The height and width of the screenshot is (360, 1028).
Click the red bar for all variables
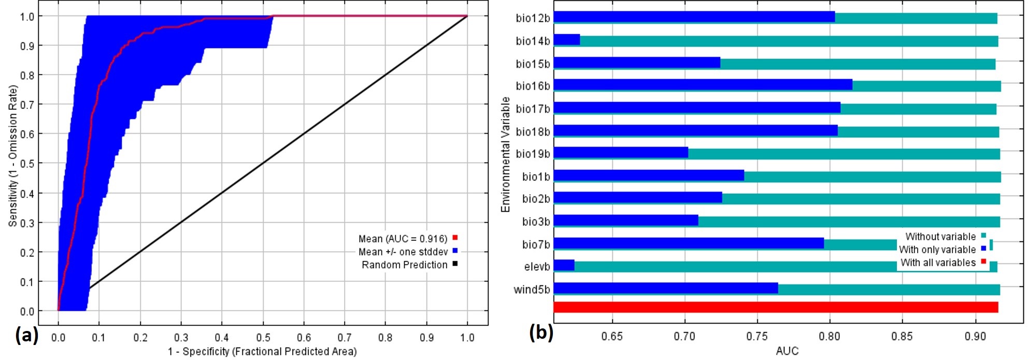click(x=775, y=307)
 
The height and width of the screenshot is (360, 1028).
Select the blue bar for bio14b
click(x=567, y=40)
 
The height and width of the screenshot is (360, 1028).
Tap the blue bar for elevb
click(x=564, y=266)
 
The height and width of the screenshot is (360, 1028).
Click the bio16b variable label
click(x=533, y=86)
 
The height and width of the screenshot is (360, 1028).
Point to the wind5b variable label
click(x=532, y=290)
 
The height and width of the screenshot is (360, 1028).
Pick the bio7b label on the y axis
click(x=536, y=244)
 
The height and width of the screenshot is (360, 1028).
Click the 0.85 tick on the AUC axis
click(x=902, y=336)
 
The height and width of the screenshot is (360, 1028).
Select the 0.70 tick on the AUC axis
click(x=684, y=336)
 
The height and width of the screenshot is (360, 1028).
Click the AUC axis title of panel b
click(x=787, y=351)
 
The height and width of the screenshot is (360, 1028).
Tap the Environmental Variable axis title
click(x=506, y=154)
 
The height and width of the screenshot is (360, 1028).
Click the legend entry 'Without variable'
click(x=940, y=237)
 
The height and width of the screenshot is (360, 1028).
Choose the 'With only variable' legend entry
click(x=937, y=250)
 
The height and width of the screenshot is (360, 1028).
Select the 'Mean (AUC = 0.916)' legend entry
click(x=403, y=239)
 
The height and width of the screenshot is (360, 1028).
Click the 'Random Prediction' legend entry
click(x=404, y=265)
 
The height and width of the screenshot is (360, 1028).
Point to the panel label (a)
click(x=26, y=336)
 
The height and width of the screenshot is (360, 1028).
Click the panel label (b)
click(x=541, y=332)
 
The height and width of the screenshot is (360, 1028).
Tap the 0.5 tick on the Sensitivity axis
click(x=27, y=164)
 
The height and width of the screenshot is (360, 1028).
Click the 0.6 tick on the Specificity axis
click(x=304, y=338)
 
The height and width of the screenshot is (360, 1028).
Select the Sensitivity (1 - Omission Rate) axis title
click(x=13, y=155)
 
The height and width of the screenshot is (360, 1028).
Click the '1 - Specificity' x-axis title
click(x=262, y=352)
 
